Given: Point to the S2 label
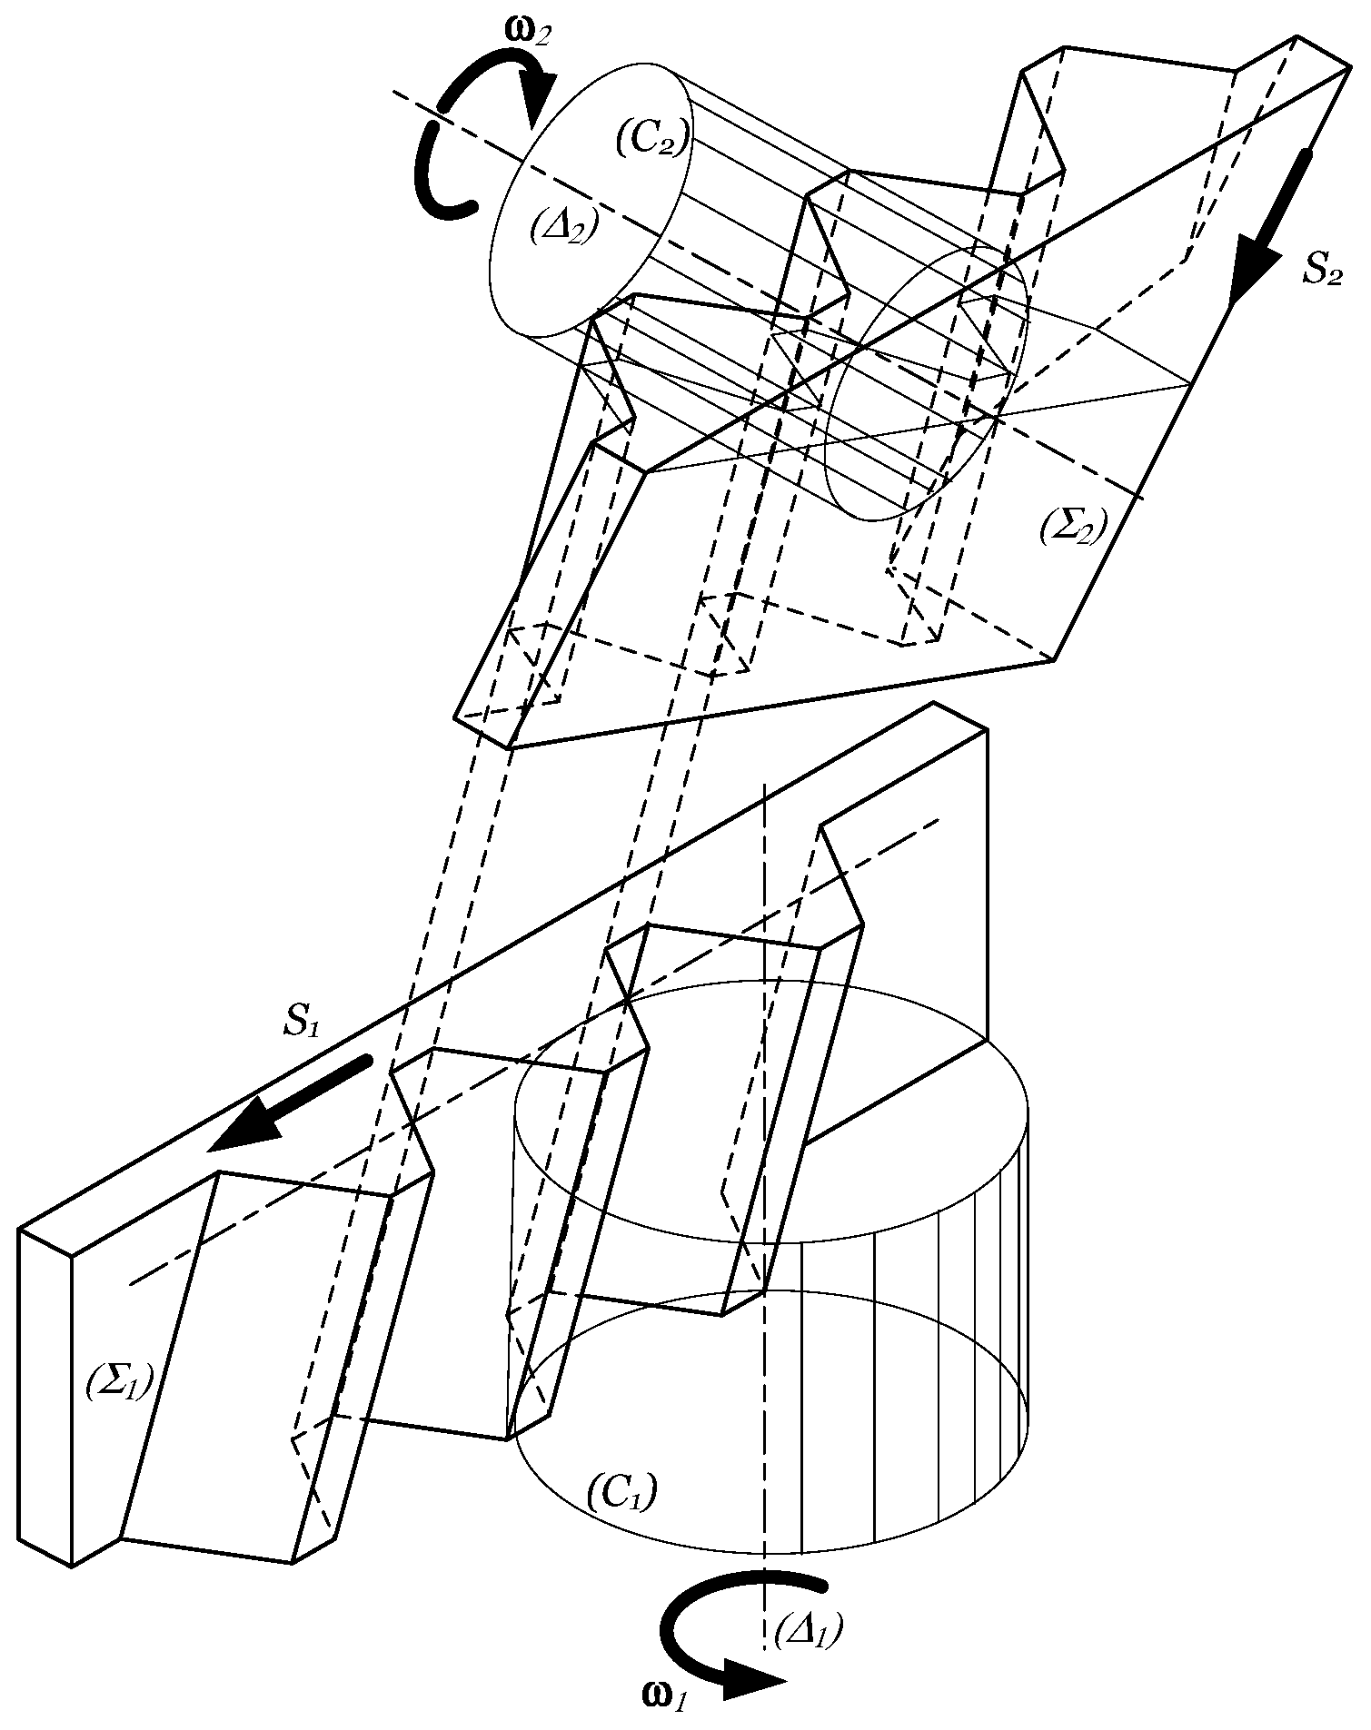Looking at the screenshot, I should [1321, 272].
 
